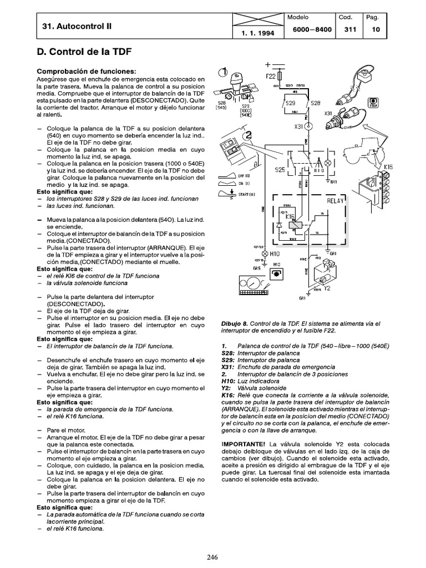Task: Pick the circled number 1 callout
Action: (222, 72)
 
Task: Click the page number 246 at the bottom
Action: (212, 558)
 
